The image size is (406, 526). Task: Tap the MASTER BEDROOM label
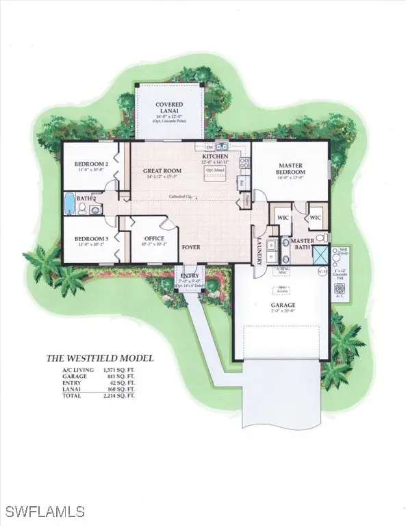coord(290,168)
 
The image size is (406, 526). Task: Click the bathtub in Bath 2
coord(69,204)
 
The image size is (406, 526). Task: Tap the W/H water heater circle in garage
coord(322,271)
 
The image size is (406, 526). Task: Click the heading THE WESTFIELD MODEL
coord(99,358)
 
